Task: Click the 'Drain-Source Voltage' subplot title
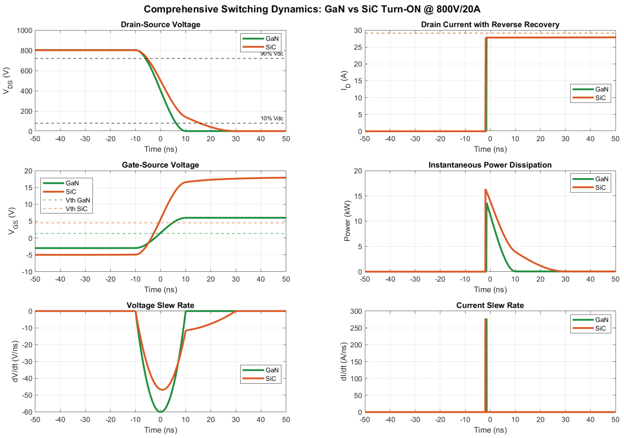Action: (160, 24)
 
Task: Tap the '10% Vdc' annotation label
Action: (272, 118)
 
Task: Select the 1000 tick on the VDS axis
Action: (24, 30)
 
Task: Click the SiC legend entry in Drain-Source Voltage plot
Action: (270, 47)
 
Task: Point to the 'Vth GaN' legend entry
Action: (78, 200)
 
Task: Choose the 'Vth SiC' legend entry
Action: (76, 209)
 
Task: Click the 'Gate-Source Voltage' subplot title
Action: (160, 165)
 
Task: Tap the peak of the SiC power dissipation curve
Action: (486, 189)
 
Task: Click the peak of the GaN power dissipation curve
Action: (487, 203)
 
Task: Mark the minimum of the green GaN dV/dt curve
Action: (161, 412)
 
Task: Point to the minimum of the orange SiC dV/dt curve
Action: (162, 389)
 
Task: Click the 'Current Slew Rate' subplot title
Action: (490, 305)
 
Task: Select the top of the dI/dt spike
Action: (486, 319)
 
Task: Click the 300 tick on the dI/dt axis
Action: (356, 311)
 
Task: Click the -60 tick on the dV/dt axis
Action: (27, 412)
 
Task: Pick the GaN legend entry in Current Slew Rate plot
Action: (601, 320)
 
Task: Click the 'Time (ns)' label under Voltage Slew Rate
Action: (160, 430)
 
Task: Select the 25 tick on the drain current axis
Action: (358, 47)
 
